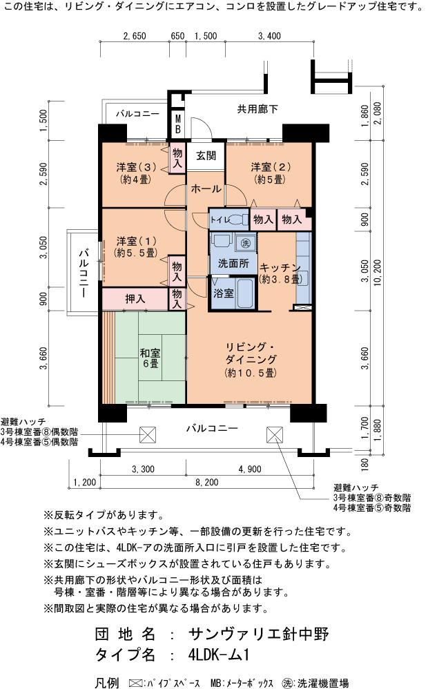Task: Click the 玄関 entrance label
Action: [206, 155]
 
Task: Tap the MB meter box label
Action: [177, 124]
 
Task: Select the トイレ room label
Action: [220, 220]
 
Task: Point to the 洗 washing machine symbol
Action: [246, 242]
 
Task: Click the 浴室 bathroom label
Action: [223, 293]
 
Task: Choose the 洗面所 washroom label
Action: [233, 264]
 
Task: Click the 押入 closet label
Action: [135, 299]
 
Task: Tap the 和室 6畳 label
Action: [150, 358]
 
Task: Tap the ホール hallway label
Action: [206, 189]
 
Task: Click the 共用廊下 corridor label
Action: [257, 109]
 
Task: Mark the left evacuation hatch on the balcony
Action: [148, 434]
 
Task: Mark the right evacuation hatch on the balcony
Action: [274, 434]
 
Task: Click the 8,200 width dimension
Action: [206, 482]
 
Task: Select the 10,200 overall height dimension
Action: [377, 273]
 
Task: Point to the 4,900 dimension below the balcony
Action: [250, 469]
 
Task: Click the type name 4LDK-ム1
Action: [218, 654]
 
